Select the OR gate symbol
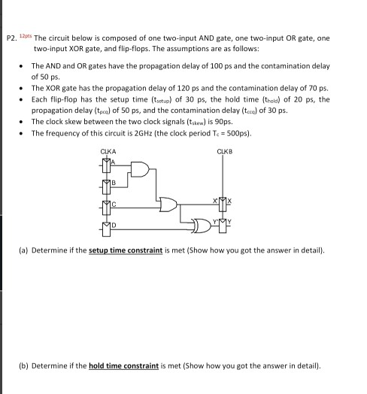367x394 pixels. [169, 204]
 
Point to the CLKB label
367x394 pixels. [224, 153]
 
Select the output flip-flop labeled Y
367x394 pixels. [223, 223]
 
